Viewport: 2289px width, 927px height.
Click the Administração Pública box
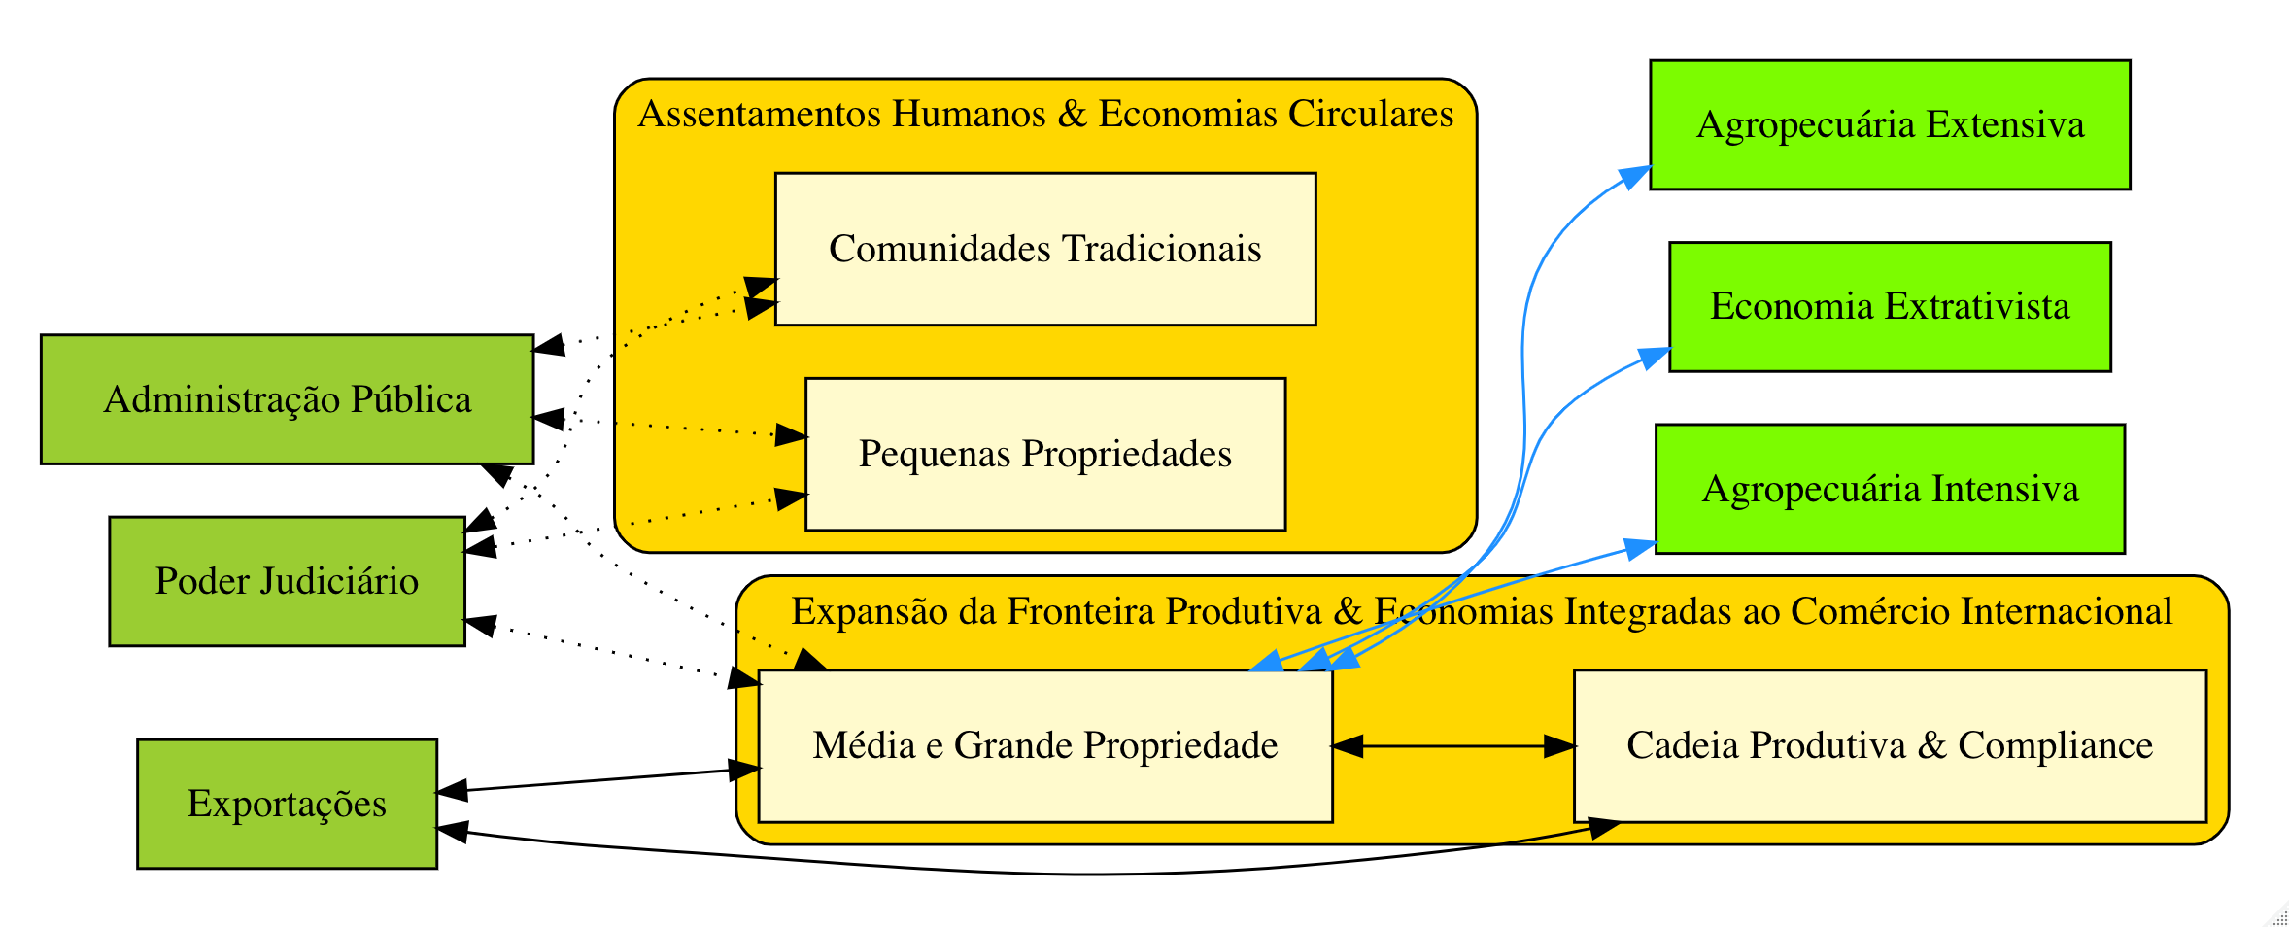(x=287, y=399)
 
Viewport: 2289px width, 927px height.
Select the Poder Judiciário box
(x=287, y=581)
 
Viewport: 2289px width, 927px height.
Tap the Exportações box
(x=287, y=804)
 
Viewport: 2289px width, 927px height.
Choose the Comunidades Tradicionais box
(x=1044, y=249)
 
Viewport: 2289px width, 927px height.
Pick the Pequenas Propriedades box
(x=1044, y=454)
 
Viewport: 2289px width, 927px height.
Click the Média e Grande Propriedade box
(x=1044, y=745)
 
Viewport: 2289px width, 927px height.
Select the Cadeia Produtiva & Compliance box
(x=1890, y=745)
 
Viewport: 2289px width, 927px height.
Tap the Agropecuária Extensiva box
(x=1890, y=124)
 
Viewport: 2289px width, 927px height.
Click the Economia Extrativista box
(x=1890, y=306)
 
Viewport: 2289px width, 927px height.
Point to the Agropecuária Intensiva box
(x=1890, y=489)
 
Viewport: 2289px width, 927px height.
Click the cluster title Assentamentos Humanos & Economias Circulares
(x=1045, y=115)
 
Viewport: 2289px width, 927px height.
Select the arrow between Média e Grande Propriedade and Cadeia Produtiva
(x=1452, y=746)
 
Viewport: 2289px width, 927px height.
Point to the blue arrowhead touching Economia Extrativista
(x=1656, y=358)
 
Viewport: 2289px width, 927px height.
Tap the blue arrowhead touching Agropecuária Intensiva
(x=1641, y=548)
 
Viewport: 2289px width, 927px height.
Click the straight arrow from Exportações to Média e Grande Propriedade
(x=598, y=780)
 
